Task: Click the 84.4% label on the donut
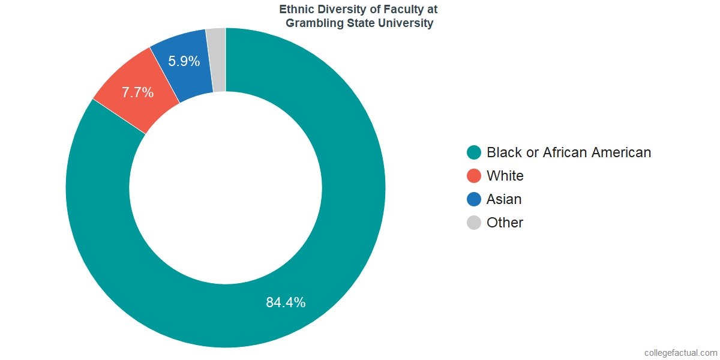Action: click(286, 302)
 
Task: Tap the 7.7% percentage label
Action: click(137, 93)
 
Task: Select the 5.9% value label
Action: click(184, 61)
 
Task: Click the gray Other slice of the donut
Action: click(217, 60)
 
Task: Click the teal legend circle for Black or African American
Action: click(474, 152)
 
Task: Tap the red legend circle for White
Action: click(474, 176)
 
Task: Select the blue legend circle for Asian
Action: click(474, 199)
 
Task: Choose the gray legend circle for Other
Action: click(474, 223)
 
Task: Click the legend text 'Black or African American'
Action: click(569, 152)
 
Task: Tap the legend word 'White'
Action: click(505, 176)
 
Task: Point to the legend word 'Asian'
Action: click(504, 199)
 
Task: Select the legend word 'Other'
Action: click(505, 223)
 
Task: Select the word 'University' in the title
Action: click(407, 24)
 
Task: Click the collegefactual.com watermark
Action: click(680, 353)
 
